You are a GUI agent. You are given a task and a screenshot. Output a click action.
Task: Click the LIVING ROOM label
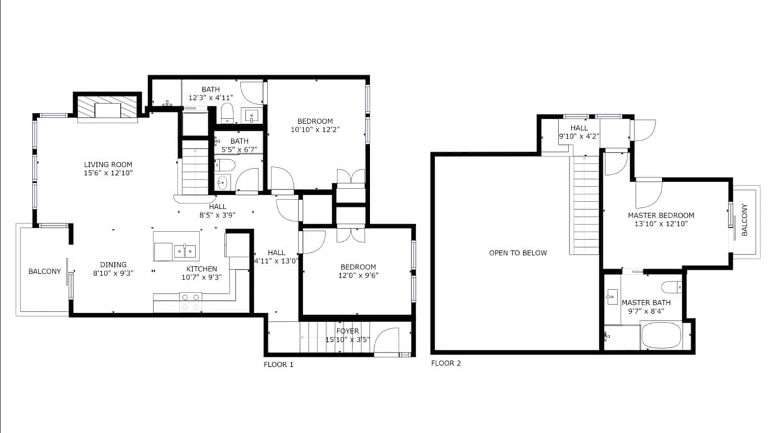[108, 165]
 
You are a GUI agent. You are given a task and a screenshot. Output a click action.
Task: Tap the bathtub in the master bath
[662, 335]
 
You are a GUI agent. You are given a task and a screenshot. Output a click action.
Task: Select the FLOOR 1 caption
[278, 364]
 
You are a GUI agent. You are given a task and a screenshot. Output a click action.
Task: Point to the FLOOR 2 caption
[446, 363]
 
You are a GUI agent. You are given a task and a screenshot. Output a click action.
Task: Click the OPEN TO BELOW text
[518, 253]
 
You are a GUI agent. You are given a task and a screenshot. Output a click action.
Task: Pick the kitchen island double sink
[185, 251]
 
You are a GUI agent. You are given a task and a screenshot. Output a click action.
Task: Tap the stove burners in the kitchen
[191, 302]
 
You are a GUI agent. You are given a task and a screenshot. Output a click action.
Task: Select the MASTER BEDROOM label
[661, 216]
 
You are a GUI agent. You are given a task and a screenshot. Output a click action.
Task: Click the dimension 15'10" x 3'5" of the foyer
[348, 339]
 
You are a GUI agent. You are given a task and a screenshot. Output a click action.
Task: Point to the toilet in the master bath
[672, 287]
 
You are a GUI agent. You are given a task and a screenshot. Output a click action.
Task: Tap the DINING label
[113, 264]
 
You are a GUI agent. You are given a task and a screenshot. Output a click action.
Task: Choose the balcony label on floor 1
[44, 271]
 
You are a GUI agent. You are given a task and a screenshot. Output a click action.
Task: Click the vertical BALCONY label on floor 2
[744, 220]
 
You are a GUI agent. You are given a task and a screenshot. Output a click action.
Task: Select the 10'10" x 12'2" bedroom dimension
[315, 130]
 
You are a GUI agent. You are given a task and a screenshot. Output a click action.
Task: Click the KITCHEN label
[201, 269]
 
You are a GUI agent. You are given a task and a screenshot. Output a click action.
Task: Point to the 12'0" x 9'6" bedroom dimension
[358, 275]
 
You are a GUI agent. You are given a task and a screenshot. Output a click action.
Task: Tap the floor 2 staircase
[585, 205]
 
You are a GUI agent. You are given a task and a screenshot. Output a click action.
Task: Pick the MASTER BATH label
[646, 303]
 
